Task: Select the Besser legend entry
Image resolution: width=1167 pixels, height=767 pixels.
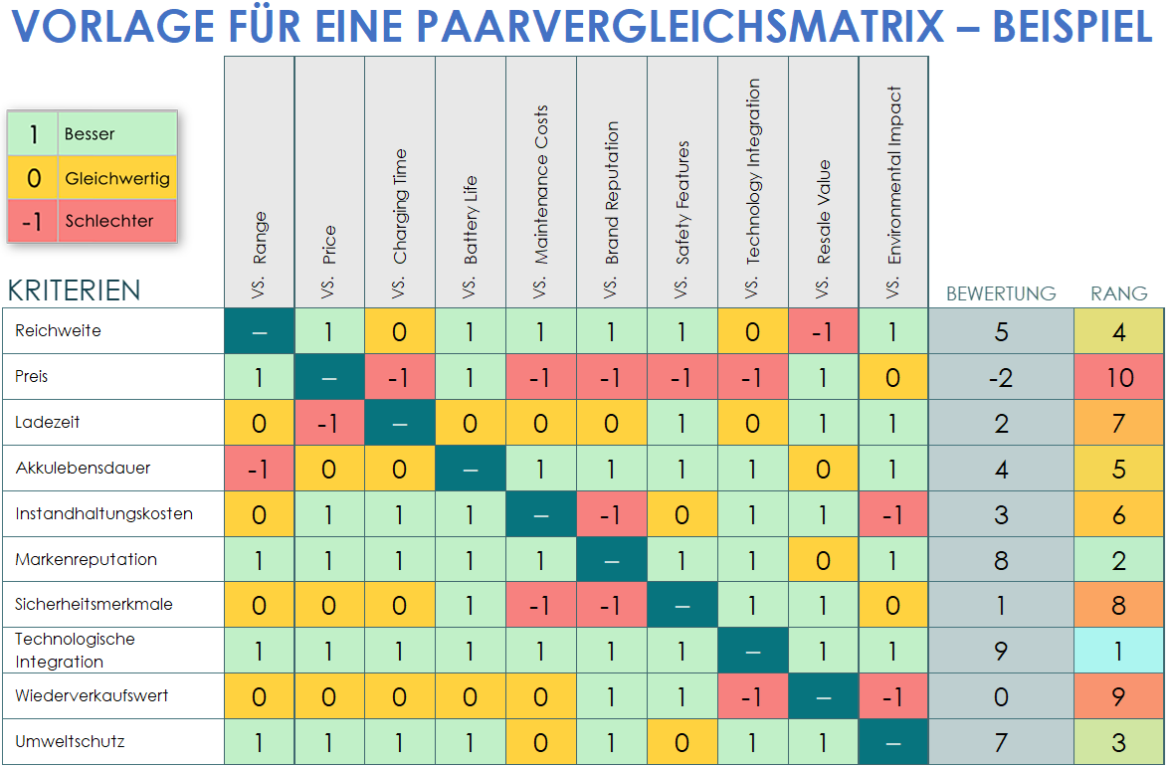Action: click(x=90, y=133)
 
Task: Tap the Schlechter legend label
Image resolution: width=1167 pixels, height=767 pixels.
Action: click(x=108, y=221)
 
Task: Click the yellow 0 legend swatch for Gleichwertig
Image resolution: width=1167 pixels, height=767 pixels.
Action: click(x=33, y=178)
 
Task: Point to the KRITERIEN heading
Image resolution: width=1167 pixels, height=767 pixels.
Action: click(x=74, y=290)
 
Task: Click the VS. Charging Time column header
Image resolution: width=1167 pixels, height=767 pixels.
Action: click(x=400, y=181)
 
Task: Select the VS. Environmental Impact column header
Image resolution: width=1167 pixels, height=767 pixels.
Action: click(x=893, y=181)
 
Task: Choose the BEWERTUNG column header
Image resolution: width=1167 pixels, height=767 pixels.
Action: click(x=1000, y=293)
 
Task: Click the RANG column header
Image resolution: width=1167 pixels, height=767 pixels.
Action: click(x=1118, y=293)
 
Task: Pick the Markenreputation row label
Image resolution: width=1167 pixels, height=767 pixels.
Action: click(x=86, y=559)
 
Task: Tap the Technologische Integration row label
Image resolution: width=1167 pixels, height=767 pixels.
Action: click(x=75, y=651)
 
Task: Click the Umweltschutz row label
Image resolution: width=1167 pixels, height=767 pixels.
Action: click(x=70, y=741)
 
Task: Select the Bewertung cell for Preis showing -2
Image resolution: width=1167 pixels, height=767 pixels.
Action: click(x=1001, y=377)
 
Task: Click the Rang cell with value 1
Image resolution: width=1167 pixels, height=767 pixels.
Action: click(x=1118, y=651)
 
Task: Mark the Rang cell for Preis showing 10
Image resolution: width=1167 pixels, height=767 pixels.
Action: click(x=1118, y=377)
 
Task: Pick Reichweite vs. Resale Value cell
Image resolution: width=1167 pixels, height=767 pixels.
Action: click(x=823, y=331)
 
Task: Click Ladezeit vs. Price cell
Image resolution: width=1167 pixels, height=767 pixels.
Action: click(x=329, y=423)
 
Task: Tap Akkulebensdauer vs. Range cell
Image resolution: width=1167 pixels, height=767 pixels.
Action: click(x=259, y=469)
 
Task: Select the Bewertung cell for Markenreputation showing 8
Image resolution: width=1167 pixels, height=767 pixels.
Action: click(x=1001, y=560)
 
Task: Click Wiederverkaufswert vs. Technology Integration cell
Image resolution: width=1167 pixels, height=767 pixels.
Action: click(x=752, y=696)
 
